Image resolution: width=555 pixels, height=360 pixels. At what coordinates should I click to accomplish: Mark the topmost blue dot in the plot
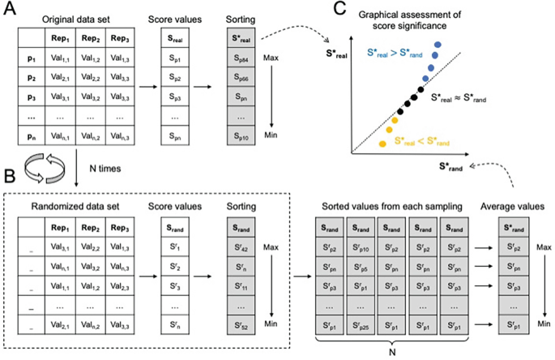pos(438,45)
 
